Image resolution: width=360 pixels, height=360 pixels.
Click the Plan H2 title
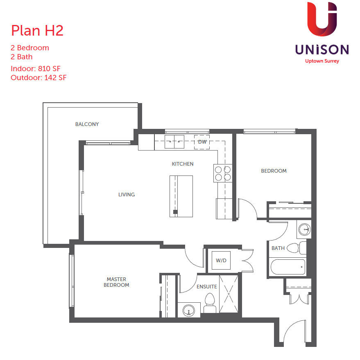tap(37, 31)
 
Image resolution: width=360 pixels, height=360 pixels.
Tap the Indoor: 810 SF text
tap(36, 68)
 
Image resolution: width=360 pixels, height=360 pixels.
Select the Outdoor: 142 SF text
tap(38, 78)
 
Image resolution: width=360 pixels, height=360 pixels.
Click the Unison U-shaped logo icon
tap(322, 19)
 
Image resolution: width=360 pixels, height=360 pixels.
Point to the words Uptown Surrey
tap(322, 61)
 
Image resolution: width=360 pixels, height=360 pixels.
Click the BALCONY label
tap(87, 124)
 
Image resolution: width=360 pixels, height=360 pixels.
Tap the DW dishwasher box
tap(202, 142)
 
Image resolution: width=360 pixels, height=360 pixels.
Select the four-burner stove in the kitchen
tap(223, 173)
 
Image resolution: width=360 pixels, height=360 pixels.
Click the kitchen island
tap(181, 196)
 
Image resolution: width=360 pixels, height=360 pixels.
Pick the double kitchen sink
tap(174, 142)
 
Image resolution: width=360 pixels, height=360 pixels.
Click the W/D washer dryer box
tap(221, 260)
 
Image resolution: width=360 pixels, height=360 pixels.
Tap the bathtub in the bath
tap(288, 267)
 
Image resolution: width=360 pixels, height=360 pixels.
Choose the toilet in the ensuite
tap(210, 303)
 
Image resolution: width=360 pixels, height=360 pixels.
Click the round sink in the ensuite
tap(189, 310)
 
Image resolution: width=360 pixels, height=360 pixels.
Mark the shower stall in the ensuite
tap(229, 294)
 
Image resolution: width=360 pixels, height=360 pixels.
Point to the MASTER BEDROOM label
tap(116, 282)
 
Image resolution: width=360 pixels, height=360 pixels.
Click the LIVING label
tap(127, 195)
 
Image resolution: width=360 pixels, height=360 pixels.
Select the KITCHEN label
tap(183, 164)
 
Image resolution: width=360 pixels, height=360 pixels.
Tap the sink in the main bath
tap(304, 229)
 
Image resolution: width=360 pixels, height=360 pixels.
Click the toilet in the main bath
tap(297, 248)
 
